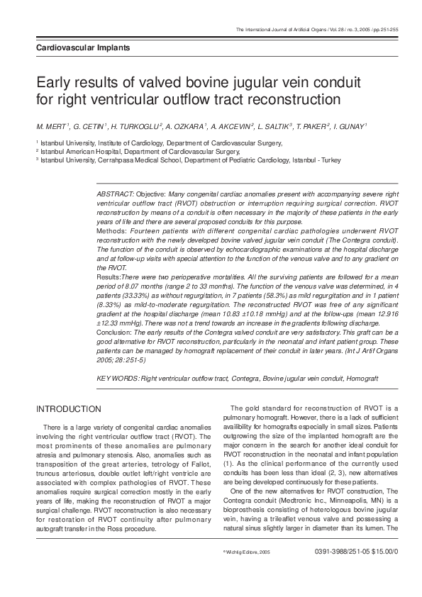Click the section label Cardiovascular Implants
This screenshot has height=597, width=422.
tap(82, 48)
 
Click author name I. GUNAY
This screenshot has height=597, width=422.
tap(350, 126)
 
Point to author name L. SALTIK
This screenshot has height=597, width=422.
tap(274, 126)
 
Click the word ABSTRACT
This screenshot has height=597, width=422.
tap(114, 194)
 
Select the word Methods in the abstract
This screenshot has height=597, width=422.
tap(111, 231)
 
